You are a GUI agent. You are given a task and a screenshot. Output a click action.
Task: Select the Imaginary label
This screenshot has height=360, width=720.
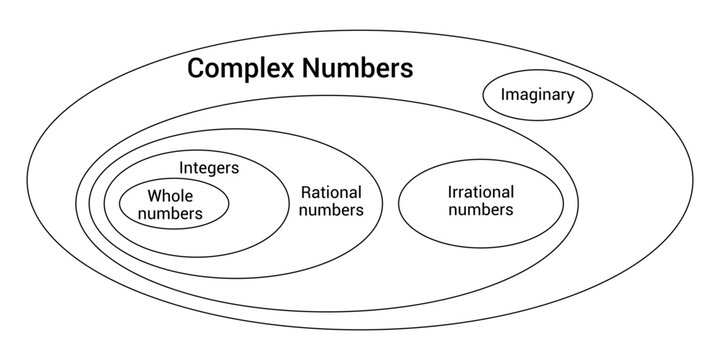pos(538,96)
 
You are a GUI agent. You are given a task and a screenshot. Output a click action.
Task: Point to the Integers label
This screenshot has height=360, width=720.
pos(209,167)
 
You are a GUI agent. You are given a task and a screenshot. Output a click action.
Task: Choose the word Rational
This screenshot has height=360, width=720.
pos(331,192)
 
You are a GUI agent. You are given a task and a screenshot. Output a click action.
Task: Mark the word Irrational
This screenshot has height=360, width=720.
pos(481,192)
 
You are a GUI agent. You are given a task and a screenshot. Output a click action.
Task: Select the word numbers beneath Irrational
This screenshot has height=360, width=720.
pos(481,210)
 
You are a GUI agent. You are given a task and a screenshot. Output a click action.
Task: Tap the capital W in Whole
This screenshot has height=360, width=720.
pos(154,196)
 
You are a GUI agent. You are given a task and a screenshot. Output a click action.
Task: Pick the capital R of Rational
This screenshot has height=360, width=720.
pos(306,192)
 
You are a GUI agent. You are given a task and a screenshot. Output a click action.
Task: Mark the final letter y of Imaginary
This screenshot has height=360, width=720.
pos(570,98)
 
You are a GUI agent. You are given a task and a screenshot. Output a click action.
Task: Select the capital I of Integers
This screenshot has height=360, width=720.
pos(182,167)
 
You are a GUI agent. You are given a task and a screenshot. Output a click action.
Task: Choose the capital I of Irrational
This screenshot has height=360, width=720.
pos(450,192)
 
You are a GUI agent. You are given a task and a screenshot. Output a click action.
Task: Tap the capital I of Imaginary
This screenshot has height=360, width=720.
pos(503,96)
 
